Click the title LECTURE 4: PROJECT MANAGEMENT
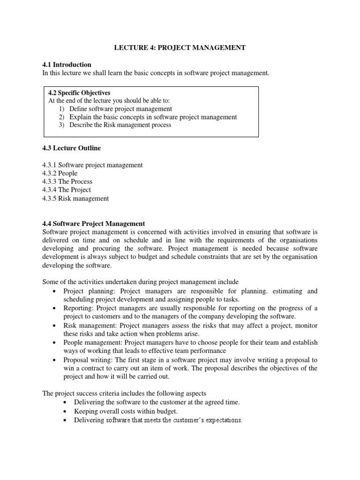(x=180, y=48)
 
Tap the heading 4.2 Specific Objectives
(x=79, y=93)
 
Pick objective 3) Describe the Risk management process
(x=115, y=125)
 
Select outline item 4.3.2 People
(x=60, y=173)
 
